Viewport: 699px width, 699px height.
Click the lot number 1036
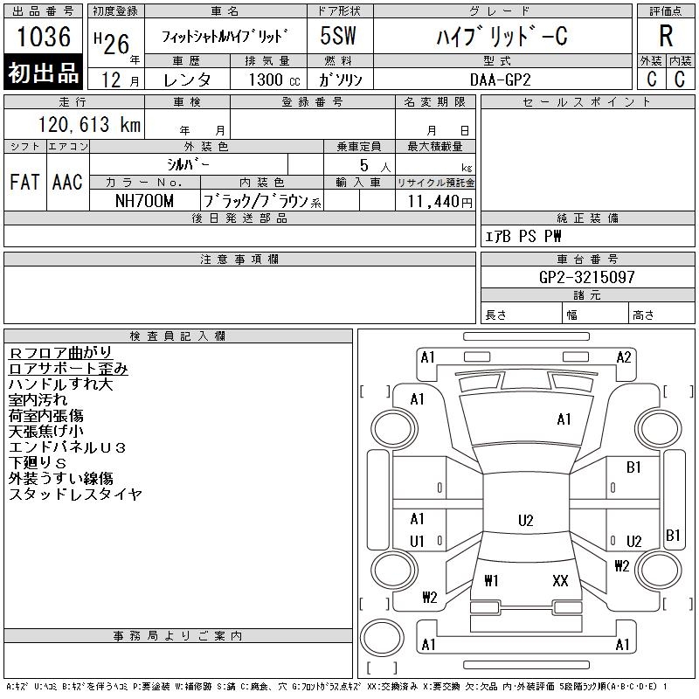[44, 37]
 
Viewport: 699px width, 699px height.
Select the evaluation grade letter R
[666, 37]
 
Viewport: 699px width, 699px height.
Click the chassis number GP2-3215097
[588, 277]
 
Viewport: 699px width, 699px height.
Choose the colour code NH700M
[145, 201]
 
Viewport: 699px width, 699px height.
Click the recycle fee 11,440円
[434, 201]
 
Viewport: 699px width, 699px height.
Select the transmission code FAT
[25, 182]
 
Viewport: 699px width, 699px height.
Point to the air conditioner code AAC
[67, 182]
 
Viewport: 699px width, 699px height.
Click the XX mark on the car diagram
[561, 580]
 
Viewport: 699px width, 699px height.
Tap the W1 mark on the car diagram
[491, 580]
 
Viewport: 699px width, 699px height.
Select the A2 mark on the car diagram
[624, 356]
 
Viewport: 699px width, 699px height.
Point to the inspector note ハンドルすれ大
[61, 384]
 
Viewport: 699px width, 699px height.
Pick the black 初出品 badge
[44, 73]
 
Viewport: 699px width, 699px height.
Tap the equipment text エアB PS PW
[523, 236]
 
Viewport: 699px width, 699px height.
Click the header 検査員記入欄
[178, 336]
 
